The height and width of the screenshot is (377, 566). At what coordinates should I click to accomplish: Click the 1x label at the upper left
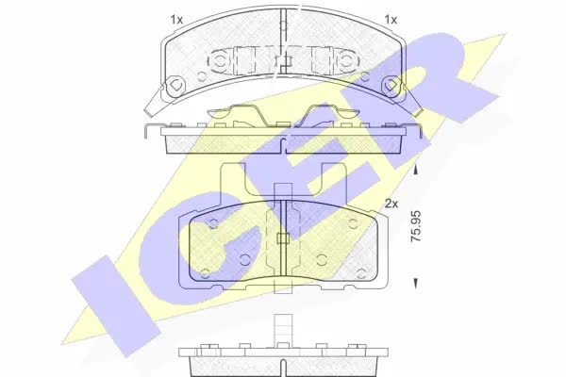(177, 20)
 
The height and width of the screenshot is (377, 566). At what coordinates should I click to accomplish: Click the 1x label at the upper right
(391, 20)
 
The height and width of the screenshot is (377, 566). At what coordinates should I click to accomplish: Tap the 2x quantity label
(391, 205)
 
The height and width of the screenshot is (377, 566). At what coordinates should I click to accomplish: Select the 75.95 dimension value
(416, 226)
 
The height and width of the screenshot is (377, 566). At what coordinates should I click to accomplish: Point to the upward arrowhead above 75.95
(416, 170)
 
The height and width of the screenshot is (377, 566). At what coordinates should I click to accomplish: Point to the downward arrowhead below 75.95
(416, 283)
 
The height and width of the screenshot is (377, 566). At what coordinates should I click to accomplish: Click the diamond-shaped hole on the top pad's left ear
(175, 85)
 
